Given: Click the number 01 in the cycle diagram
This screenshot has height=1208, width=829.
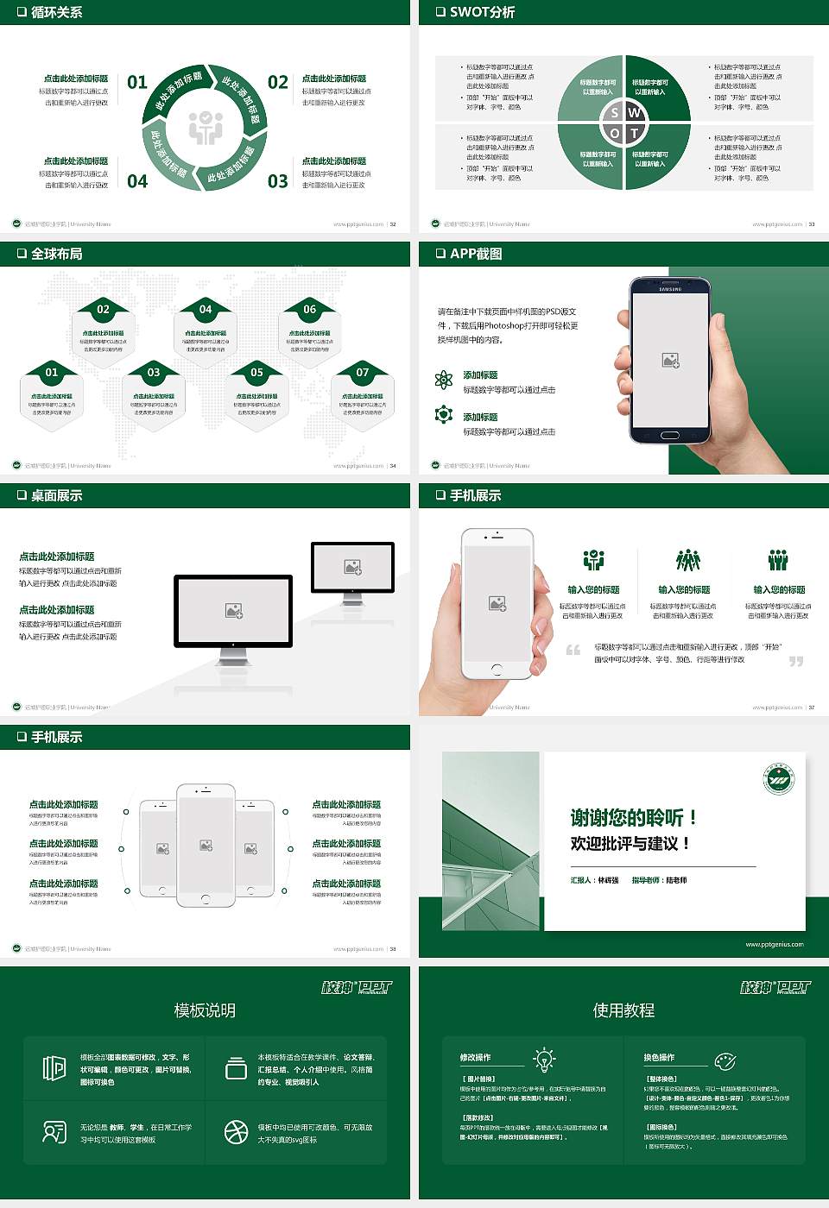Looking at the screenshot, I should click(137, 82).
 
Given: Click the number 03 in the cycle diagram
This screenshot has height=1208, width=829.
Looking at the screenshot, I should click(278, 181).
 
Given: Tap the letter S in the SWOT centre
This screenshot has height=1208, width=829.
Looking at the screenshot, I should click(615, 113).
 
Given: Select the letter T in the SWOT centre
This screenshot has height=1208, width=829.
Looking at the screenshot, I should click(635, 133).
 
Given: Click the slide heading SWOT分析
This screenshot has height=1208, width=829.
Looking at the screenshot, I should click(482, 12).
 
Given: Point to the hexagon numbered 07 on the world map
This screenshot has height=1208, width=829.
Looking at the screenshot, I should click(363, 393).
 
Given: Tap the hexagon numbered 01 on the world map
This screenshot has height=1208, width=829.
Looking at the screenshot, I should click(52, 393).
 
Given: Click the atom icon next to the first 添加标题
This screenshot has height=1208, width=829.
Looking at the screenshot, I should click(444, 380).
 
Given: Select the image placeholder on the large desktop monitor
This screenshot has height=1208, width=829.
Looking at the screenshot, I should click(233, 611).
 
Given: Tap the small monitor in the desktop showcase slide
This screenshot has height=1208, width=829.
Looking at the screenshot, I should click(352, 569).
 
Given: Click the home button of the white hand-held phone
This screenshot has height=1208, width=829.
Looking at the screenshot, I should click(497, 669).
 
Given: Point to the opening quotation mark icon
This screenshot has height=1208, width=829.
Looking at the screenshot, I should click(573, 650).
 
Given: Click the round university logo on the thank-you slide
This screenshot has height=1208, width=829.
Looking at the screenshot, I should click(779, 780).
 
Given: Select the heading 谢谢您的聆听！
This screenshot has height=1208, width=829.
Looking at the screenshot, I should click(633, 817).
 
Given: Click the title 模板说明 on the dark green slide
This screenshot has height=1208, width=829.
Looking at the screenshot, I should click(205, 1010).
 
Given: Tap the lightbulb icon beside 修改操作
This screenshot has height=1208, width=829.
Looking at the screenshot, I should click(544, 1060).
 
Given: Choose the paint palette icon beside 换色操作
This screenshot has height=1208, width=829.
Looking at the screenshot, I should click(725, 1060).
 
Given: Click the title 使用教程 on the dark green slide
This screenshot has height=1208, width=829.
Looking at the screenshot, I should click(623, 1010).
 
